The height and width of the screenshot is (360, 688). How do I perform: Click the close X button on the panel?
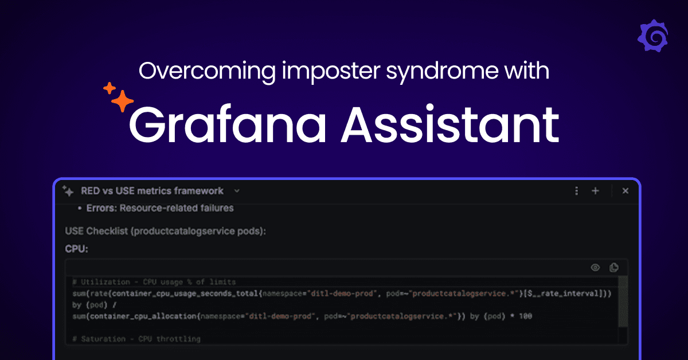(x=626, y=191)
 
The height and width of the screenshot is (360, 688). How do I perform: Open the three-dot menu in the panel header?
(x=576, y=191)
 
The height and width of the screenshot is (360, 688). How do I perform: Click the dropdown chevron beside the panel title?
(x=237, y=191)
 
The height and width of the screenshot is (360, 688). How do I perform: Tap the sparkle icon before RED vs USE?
(x=68, y=191)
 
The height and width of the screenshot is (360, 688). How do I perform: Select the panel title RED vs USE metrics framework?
(x=152, y=191)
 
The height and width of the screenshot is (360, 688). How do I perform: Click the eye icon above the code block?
(x=596, y=267)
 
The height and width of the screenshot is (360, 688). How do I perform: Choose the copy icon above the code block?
(x=614, y=267)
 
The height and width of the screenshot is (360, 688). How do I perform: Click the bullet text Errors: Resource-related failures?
(x=159, y=208)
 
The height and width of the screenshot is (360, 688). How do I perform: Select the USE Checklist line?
(x=166, y=231)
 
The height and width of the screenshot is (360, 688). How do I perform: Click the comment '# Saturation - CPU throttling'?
(x=136, y=339)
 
